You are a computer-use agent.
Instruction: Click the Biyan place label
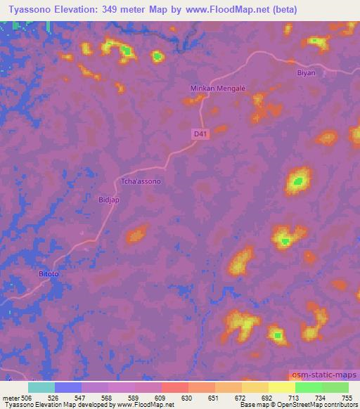tap(303, 72)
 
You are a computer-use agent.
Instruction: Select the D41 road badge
tap(201, 132)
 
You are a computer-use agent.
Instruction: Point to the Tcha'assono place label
tap(141, 181)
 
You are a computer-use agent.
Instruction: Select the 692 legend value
tap(268, 398)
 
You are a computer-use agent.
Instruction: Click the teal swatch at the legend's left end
tap(41, 387)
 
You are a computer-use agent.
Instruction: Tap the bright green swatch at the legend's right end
tap(335, 387)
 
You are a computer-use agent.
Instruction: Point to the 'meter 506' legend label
tap(16, 398)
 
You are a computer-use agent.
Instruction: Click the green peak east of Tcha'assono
tap(298, 181)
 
